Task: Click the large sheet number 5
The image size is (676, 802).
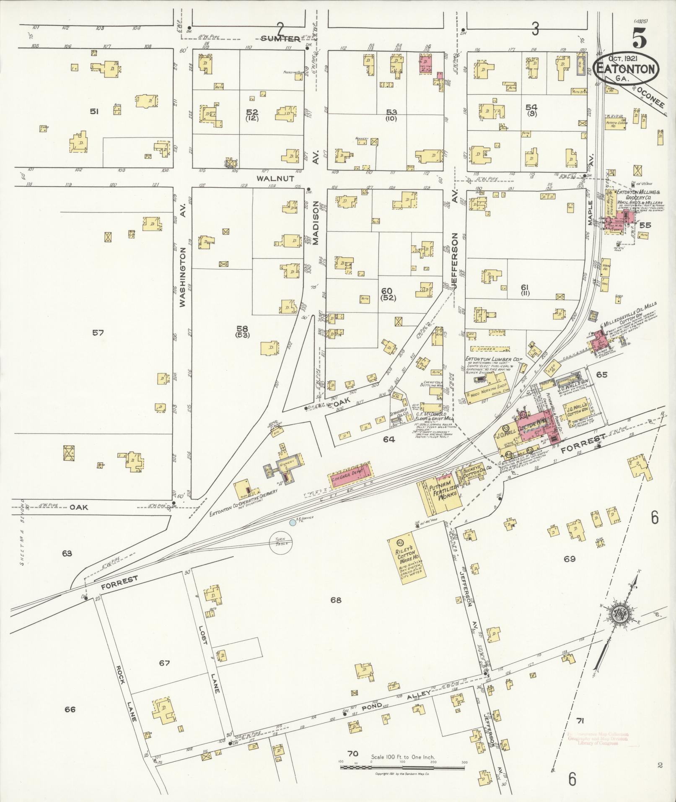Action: pyautogui.click(x=639, y=40)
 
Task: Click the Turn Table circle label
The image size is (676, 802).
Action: pyautogui.click(x=281, y=541)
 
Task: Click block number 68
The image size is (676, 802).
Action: pyautogui.click(x=336, y=600)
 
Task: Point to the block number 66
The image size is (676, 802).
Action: pyautogui.click(x=70, y=709)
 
